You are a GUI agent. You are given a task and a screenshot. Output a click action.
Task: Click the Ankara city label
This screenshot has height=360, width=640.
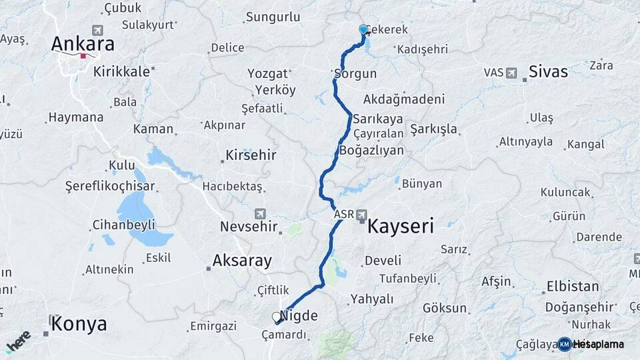(x=83, y=44)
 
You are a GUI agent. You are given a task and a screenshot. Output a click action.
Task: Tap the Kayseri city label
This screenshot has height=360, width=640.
(x=401, y=226)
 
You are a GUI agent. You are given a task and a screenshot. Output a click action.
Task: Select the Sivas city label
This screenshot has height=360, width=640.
(x=548, y=71)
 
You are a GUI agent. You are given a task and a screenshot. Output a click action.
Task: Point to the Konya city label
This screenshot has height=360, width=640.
(x=79, y=324)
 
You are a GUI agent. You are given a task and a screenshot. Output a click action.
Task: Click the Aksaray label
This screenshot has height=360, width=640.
(x=242, y=260)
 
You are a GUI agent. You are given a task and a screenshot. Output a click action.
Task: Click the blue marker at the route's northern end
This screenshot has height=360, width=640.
(x=363, y=30)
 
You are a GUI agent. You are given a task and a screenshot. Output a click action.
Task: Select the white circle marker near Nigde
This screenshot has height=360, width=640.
(x=277, y=317)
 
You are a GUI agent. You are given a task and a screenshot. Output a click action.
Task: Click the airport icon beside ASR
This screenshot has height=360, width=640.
(x=361, y=215)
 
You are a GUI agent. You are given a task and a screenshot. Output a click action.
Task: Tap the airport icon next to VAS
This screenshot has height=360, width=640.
(x=511, y=72)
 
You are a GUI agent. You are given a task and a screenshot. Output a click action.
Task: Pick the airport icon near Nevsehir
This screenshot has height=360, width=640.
(x=259, y=214)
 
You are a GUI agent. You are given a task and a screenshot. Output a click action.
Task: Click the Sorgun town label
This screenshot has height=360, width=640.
(x=355, y=73)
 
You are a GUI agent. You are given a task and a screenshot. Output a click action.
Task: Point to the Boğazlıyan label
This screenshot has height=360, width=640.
(x=371, y=150)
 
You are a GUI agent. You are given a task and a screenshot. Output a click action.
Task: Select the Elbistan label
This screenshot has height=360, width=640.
(x=573, y=287)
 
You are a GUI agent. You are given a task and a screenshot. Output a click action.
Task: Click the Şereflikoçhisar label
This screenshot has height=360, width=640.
(x=110, y=186)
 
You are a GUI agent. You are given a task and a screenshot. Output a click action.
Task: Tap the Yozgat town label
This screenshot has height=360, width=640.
(x=267, y=73)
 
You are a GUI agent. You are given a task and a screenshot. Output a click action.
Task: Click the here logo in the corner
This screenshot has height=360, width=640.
(x=18, y=341)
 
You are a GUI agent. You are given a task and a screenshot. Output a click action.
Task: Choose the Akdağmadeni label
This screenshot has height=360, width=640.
(x=404, y=99)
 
